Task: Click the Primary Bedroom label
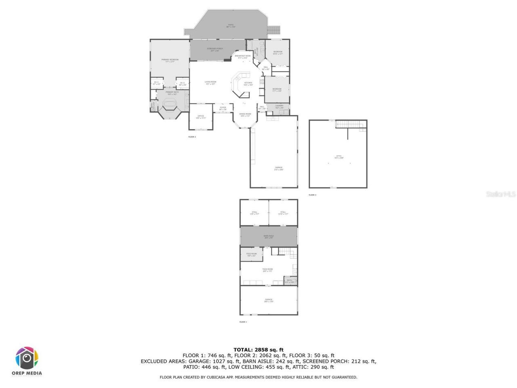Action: pyautogui.click(x=170, y=60)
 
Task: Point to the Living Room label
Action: pyautogui.click(x=210, y=83)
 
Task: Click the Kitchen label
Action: pyautogui.click(x=248, y=84)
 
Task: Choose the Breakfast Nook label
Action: pyautogui.click(x=242, y=57)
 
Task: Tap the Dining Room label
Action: pyautogui.click(x=245, y=115)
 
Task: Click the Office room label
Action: pyautogui.click(x=201, y=117)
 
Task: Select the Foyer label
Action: pyautogui.click(x=223, y=108)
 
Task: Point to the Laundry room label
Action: pyautogui.click(x=280, y=107)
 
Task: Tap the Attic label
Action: pyautogui.click(x=339, y=157)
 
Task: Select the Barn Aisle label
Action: pyautogui.click(x=269, y=237)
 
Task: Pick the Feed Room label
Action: pyautogui.click(x=252, y=255)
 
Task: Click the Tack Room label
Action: pyautogui.click(x=267, y=270)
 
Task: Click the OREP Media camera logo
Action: pyautogui.click(x=27, y=358)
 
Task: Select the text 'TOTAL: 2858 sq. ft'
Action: pyautogui.click(x=258, y=350)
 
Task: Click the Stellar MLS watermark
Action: pyautogui.click(x=501, y=194)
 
